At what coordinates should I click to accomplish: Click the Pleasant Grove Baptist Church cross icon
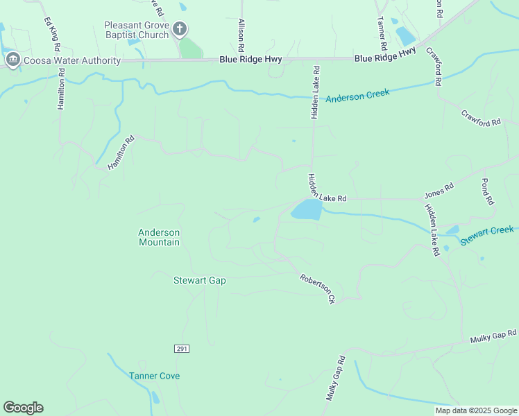click(x=180, y=29)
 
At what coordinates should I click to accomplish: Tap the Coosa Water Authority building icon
click(x=12, y=60)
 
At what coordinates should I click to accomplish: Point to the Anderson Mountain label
click(x=159, y=237)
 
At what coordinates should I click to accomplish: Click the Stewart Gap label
click(x=199, y=280)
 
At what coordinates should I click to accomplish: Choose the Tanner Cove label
click(x=154, y=376)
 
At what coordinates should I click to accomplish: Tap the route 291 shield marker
click(x=182, y=348)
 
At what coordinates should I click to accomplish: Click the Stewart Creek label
click(x=486, y=234)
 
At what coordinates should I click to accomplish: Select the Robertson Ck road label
click(x=318, y=289)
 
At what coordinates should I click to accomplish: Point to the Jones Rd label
click(x=439, y=187)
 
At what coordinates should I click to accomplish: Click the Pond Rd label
click(x=488, y=191)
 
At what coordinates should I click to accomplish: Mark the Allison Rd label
click(x=241, y=36)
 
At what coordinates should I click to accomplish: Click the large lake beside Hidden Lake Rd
click(x=307, y=210)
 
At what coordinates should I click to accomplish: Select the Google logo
click(x=23, y=408)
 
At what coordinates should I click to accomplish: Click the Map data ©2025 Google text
click(x=475, y=410)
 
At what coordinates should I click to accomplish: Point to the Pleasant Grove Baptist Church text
click(x=137, y=30)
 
